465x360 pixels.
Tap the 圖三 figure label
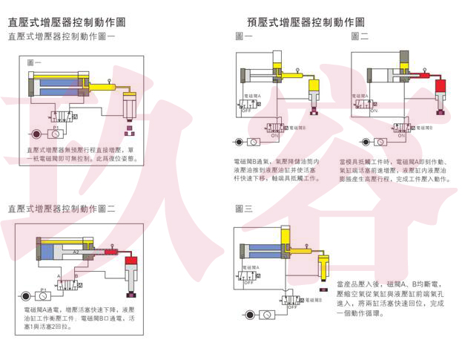click(243, 209)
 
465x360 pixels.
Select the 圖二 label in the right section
click(360, 36)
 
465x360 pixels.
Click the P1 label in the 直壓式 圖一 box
click(55, 127)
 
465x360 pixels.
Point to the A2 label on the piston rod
click(76, 252)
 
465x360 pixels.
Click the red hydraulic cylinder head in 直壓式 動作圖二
click(132, 261)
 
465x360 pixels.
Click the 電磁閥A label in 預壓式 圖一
click(252, 95)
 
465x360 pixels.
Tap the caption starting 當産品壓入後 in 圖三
click(389, 298)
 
